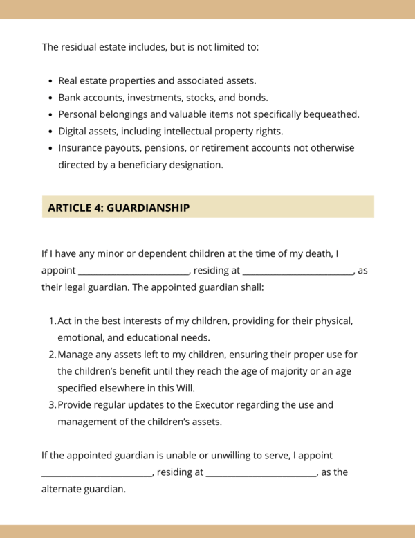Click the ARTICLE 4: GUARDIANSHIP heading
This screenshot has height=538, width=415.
118,208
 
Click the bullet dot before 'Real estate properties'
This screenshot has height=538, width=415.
51,82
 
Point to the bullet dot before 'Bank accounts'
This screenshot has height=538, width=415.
51,98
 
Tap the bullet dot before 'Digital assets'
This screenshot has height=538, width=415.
51,132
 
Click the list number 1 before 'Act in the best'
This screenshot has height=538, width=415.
53,321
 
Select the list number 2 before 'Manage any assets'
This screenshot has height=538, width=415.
53,355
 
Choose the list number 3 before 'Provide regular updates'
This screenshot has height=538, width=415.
53,404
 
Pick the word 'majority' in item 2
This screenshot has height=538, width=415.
273,371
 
